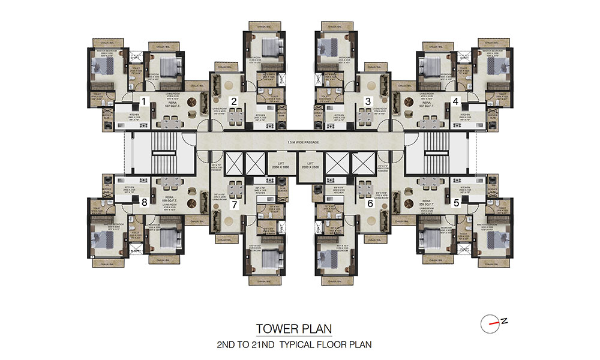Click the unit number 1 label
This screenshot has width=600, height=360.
click(144, 101)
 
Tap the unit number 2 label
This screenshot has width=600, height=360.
click(235, 101)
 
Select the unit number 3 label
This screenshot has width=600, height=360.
click(368, 101)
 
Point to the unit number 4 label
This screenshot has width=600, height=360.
click(457, 101)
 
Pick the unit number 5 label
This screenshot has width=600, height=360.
click(457, 203)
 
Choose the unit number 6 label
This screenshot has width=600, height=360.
click(370, 204)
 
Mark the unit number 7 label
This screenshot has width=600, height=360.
click(235, 204)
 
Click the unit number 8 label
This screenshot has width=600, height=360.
click(144, 203)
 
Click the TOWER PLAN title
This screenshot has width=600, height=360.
click(293, 329)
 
